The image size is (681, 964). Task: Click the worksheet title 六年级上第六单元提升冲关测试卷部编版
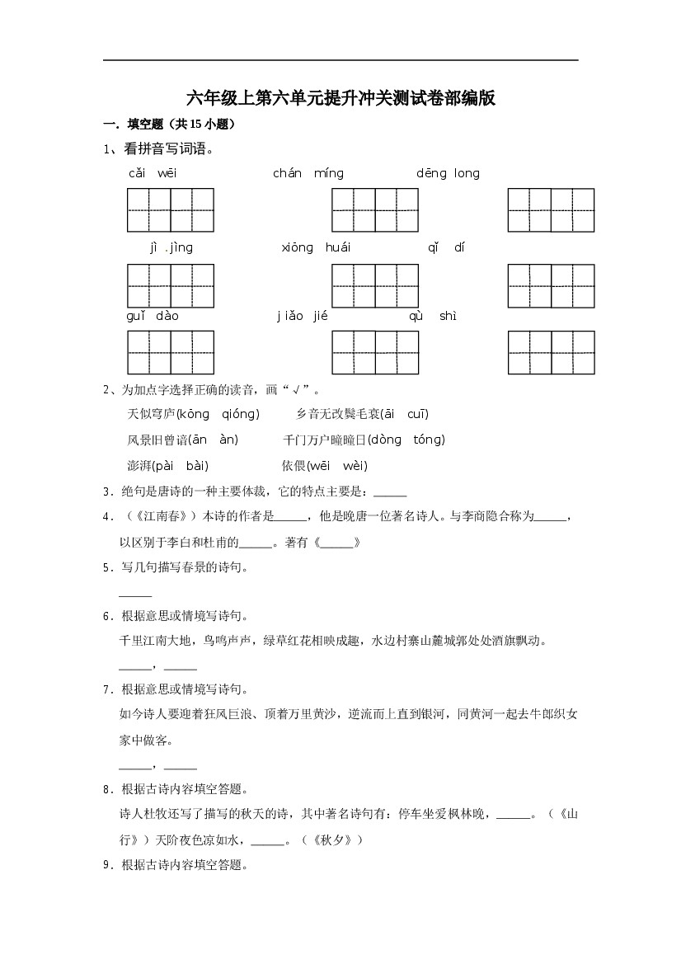340,98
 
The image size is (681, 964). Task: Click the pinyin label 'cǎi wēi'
153,173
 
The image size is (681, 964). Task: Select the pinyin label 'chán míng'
308,173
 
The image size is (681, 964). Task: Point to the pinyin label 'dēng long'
448,173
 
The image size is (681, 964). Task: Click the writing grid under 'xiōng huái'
375,286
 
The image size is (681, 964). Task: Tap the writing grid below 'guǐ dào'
171,352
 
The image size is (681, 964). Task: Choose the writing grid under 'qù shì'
551,352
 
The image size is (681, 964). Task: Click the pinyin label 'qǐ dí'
446,247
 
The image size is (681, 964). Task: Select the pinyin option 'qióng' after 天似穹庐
240,414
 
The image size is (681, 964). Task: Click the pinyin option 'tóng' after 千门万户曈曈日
428,440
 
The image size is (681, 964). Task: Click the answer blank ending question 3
390,493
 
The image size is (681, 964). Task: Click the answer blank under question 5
135,594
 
